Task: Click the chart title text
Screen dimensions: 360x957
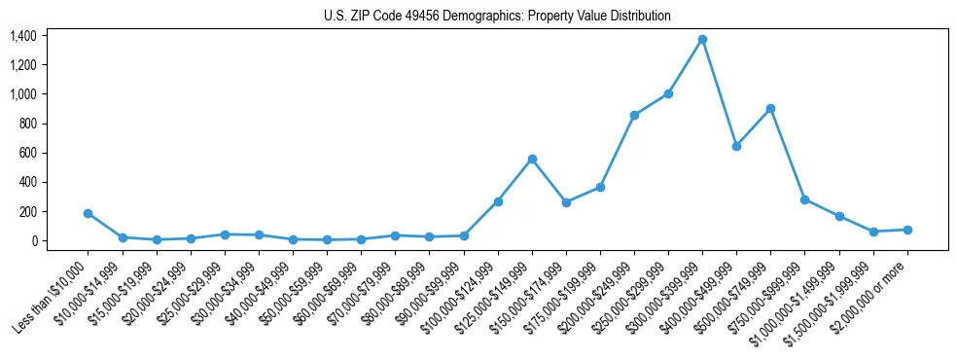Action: coord(498,17)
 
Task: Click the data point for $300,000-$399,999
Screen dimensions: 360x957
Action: coord(702,39)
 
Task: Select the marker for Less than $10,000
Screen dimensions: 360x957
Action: coord(88,213)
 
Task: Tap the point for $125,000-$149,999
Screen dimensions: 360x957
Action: coord(532,159)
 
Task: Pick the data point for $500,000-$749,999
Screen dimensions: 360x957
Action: coord(770,108)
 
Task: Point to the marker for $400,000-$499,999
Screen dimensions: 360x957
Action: coord(736,146)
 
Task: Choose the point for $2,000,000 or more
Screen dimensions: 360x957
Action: coord(907,230)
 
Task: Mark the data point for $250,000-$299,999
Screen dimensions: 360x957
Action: coord(668,93)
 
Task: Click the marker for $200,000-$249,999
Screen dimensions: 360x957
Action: coord(634,115)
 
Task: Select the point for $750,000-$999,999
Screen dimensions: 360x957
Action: coord(804,199)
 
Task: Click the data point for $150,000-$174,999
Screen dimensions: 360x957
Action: coord(566,202)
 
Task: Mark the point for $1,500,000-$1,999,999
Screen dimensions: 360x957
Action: coord(873,232)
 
